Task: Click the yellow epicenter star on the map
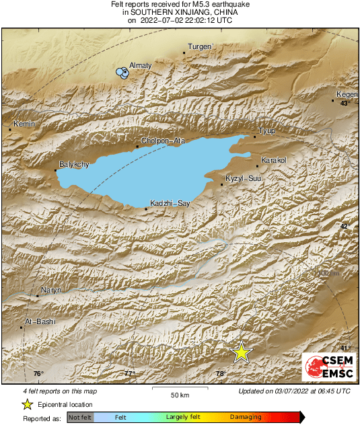pyautogui.click(x=241, y=352)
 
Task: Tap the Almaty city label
pyautogui.click(x=140, y=65)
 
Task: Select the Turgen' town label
pyautogui.click(x=200, y=46)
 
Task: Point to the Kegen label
pyautogui.click(x=347, y=95)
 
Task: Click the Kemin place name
pyautogui.click(x=24, y=124)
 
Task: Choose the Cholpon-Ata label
pyautogui.click(x=161, y=141)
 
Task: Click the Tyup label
pyautogui.click(x=267, y=130)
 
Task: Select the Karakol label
pyautogui.click(x=273, y=160)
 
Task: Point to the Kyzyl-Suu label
pyautogui.click(x=244, y=178)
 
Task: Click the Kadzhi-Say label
pyautogui.click(x=166, y=203)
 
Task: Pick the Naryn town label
pyautogui.click(x=52, y=290)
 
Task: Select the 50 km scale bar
pyautogui.click(x=178, y=390)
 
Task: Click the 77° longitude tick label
pyautogui.click(x=129, y=373)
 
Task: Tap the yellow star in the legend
pyautogui.click(x=27, y=404)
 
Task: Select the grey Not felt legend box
pyautogui.click(x=79, y=418)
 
